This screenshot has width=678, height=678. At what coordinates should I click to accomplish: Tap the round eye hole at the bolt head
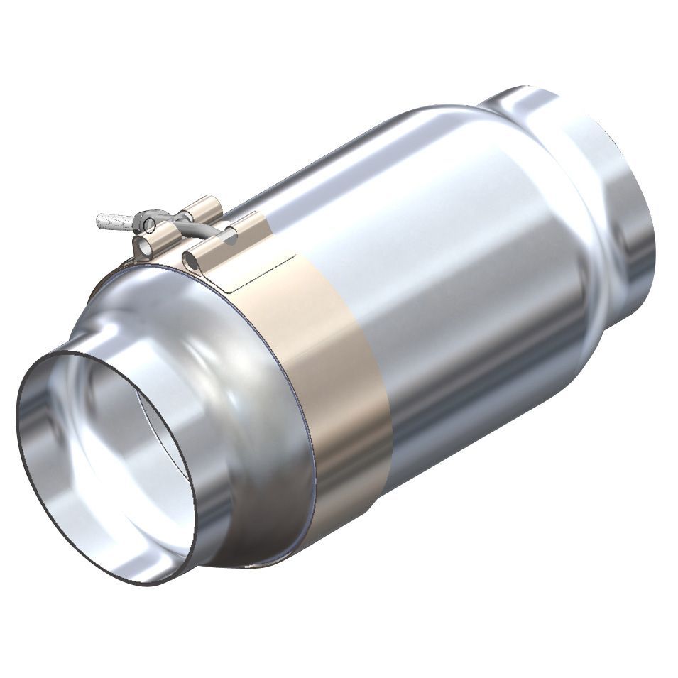149,225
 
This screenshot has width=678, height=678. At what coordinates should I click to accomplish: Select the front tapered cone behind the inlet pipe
234,398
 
